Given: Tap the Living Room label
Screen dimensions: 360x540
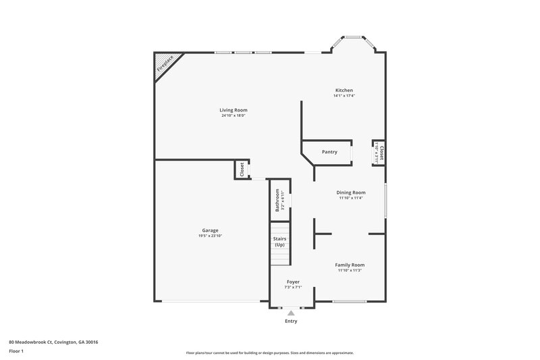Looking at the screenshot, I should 233,110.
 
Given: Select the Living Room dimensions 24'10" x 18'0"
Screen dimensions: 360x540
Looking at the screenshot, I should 233,115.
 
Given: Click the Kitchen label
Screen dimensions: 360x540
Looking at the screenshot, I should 344,91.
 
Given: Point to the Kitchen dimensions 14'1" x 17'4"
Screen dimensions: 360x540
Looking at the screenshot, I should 344,96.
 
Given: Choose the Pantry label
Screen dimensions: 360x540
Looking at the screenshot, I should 329,152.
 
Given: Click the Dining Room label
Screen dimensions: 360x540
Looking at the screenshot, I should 351,192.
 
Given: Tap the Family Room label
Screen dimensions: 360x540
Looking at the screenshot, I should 350,265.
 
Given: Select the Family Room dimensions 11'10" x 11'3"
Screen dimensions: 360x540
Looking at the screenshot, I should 350,270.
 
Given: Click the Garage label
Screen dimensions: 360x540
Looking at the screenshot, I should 210,230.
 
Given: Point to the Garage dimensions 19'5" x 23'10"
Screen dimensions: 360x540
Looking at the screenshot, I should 210,236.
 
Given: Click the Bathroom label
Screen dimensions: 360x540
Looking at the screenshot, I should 277,201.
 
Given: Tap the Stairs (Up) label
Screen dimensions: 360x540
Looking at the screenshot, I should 279,242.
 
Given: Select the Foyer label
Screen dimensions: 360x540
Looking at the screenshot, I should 293,282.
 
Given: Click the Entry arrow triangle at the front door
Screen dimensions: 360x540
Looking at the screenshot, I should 291,313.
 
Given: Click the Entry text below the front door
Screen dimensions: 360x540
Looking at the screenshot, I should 291,322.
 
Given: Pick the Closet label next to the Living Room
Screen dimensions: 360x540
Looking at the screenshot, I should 242,170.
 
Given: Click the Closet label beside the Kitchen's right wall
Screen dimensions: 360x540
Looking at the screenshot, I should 382,153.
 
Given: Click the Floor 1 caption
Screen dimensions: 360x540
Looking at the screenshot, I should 17,351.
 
